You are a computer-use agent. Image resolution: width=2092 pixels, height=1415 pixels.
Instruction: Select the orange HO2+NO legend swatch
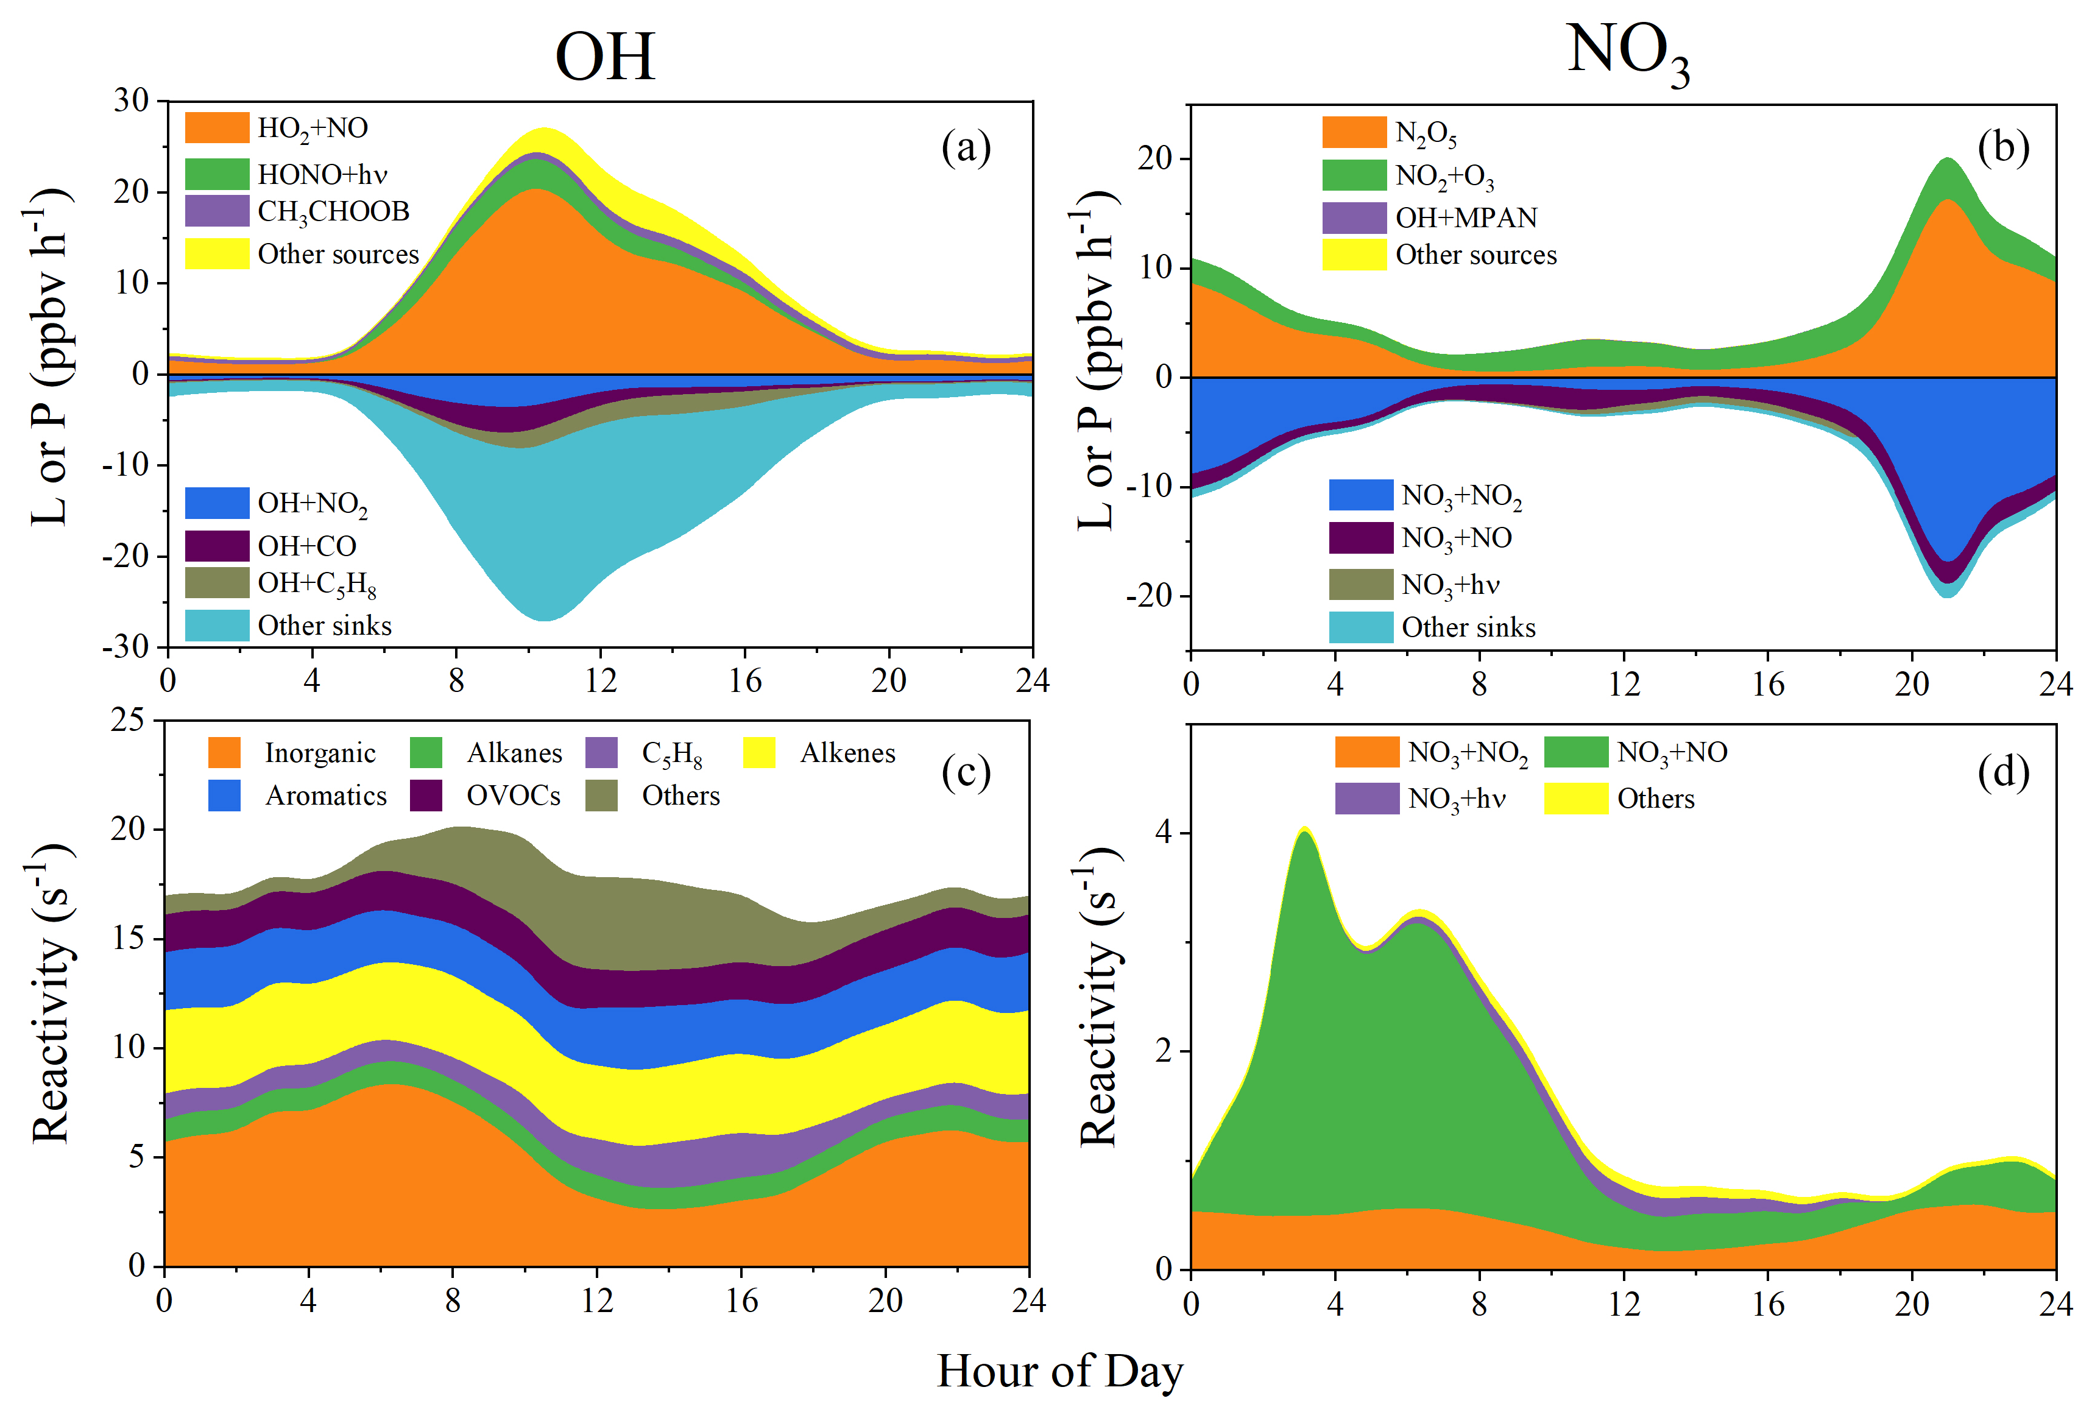[217, 128]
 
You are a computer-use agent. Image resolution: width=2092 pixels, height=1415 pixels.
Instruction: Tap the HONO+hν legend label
[322, 174]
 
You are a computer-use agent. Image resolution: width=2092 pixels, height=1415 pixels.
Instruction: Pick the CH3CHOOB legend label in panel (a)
[333, 211]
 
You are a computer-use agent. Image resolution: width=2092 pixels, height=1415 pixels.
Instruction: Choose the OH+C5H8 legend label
[317, 584]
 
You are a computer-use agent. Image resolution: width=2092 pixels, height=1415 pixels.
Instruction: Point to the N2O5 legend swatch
[1354, 132]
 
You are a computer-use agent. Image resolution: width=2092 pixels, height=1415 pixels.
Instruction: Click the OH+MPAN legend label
[1466, 218]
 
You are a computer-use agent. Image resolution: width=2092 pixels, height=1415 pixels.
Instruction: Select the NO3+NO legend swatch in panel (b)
[1361, 537]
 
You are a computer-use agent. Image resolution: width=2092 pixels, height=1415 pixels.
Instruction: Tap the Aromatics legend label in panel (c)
[326, 796]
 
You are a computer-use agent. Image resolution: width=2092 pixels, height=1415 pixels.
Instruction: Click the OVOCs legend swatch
[426, 796]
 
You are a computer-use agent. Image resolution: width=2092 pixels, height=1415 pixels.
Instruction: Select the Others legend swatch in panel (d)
[1575, 799]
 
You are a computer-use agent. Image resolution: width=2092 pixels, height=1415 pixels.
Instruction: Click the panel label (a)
[966, 147]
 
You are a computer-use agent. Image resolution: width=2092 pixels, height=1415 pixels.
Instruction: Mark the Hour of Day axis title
[1059, 1372]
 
